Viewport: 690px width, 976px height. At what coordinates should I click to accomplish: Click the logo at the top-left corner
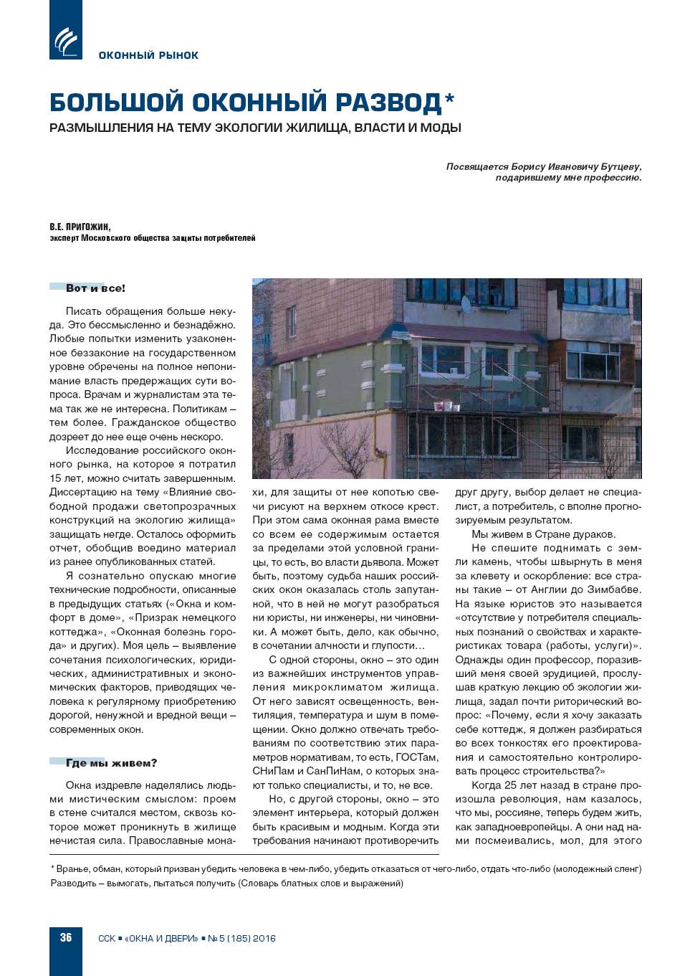point(65,39)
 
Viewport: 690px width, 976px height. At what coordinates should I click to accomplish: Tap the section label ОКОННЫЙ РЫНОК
point(148,55)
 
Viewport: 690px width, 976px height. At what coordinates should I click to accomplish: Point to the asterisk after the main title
point(450,98)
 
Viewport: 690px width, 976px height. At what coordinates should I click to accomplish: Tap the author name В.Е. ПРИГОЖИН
point(80,227)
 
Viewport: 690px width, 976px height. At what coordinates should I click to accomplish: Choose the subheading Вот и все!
point(95,288)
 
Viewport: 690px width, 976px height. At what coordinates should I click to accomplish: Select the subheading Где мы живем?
point(111,763)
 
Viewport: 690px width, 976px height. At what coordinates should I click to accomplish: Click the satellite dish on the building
point(466,304)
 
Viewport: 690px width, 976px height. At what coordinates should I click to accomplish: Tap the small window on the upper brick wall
point(292,322)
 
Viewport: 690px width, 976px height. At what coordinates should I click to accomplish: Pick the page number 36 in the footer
point(66,937)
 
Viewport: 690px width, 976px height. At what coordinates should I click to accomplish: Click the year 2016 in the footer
point(263,938)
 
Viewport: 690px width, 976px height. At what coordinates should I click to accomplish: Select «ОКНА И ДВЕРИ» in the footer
point(161,938)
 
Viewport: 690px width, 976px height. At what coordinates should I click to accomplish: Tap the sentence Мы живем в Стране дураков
point(543,534)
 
